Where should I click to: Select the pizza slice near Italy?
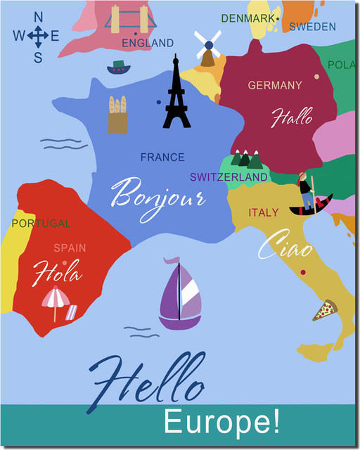point(325,310)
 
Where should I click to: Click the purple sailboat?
point(180,295)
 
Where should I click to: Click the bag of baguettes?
point(117,115)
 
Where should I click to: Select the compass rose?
point(38,36)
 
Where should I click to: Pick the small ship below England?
point(119,67)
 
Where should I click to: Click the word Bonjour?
point(157,194)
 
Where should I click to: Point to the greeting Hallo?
point(292,117)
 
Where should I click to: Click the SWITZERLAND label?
point(229,177)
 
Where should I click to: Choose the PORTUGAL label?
point(41,224)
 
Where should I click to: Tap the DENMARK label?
point(248,18)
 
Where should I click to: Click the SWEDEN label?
point(312,27)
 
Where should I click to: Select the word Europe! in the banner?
point(221,422)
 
